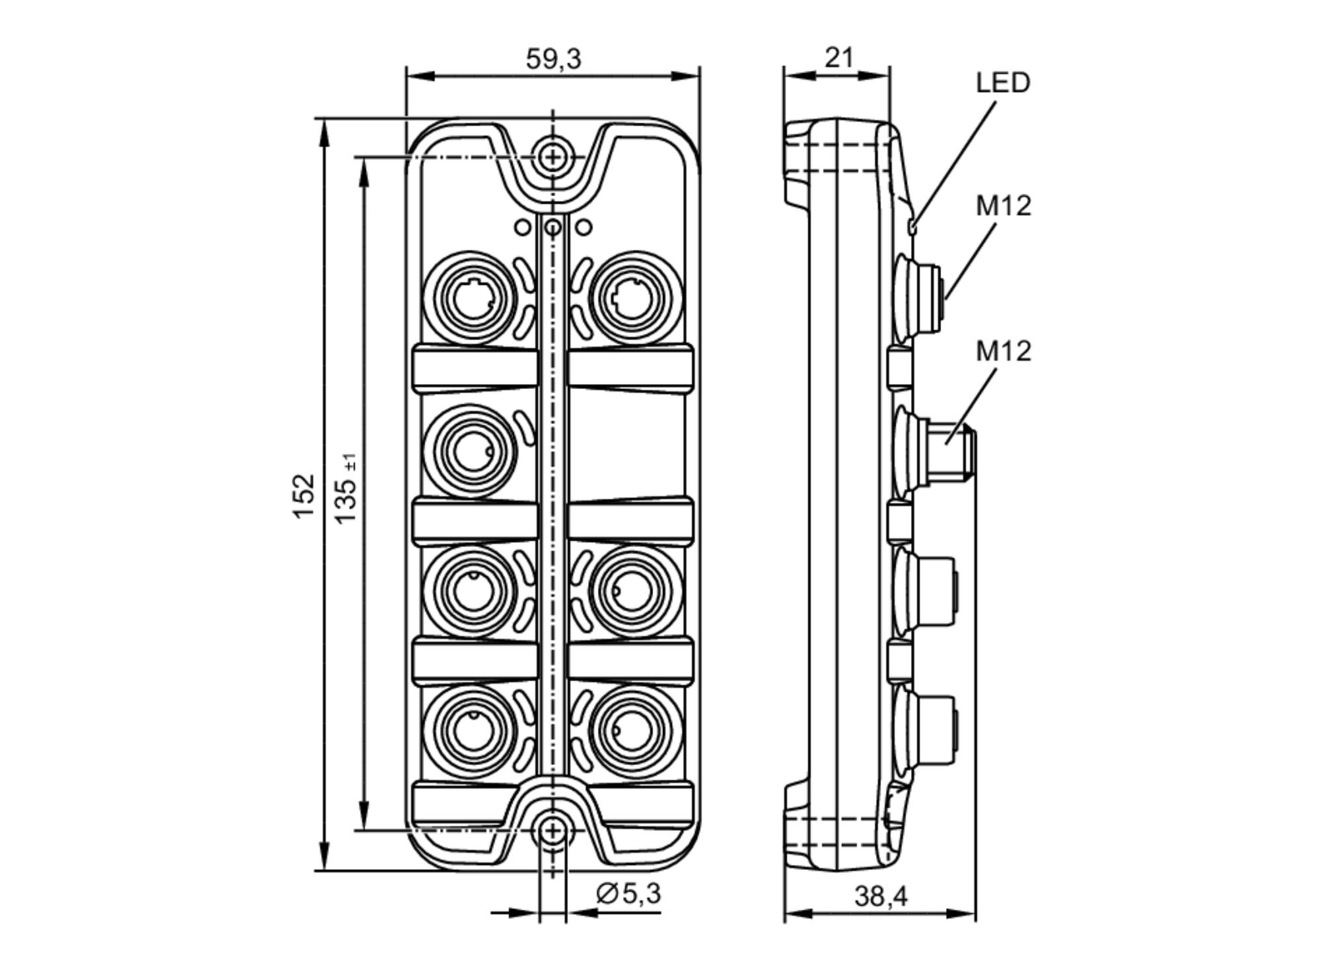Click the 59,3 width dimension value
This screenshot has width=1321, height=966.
553,59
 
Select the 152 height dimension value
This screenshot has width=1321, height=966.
304,496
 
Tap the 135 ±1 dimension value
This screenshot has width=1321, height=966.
346,489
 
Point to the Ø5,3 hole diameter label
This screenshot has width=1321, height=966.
628,894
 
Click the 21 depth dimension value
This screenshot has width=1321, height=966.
839,58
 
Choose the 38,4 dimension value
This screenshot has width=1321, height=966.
880,897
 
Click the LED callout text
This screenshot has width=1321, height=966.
1003,83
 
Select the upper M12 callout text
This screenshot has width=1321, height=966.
1003,206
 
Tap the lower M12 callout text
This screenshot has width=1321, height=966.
1003,351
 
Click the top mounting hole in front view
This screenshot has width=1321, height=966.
553,157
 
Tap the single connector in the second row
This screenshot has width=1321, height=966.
471,451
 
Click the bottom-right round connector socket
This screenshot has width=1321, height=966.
634,731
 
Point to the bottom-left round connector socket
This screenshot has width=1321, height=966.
471,731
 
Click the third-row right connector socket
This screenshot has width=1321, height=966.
634,590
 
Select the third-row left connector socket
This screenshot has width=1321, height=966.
471,590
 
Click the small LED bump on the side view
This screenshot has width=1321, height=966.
912,227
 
